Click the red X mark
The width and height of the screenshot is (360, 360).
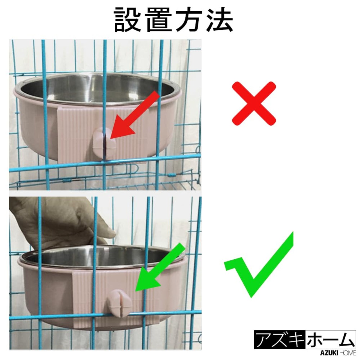pyautogui.click(x=254, y=103)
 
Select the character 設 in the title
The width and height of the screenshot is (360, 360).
pyautogui.click(x=127, y=20)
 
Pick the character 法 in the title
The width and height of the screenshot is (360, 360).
pyautogui.click(x=219, y=20)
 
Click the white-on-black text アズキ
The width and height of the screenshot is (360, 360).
pyautogui.click(x=280, y=339)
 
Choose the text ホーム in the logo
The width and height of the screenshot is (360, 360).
pyautogui.click(x=330, y=339)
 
